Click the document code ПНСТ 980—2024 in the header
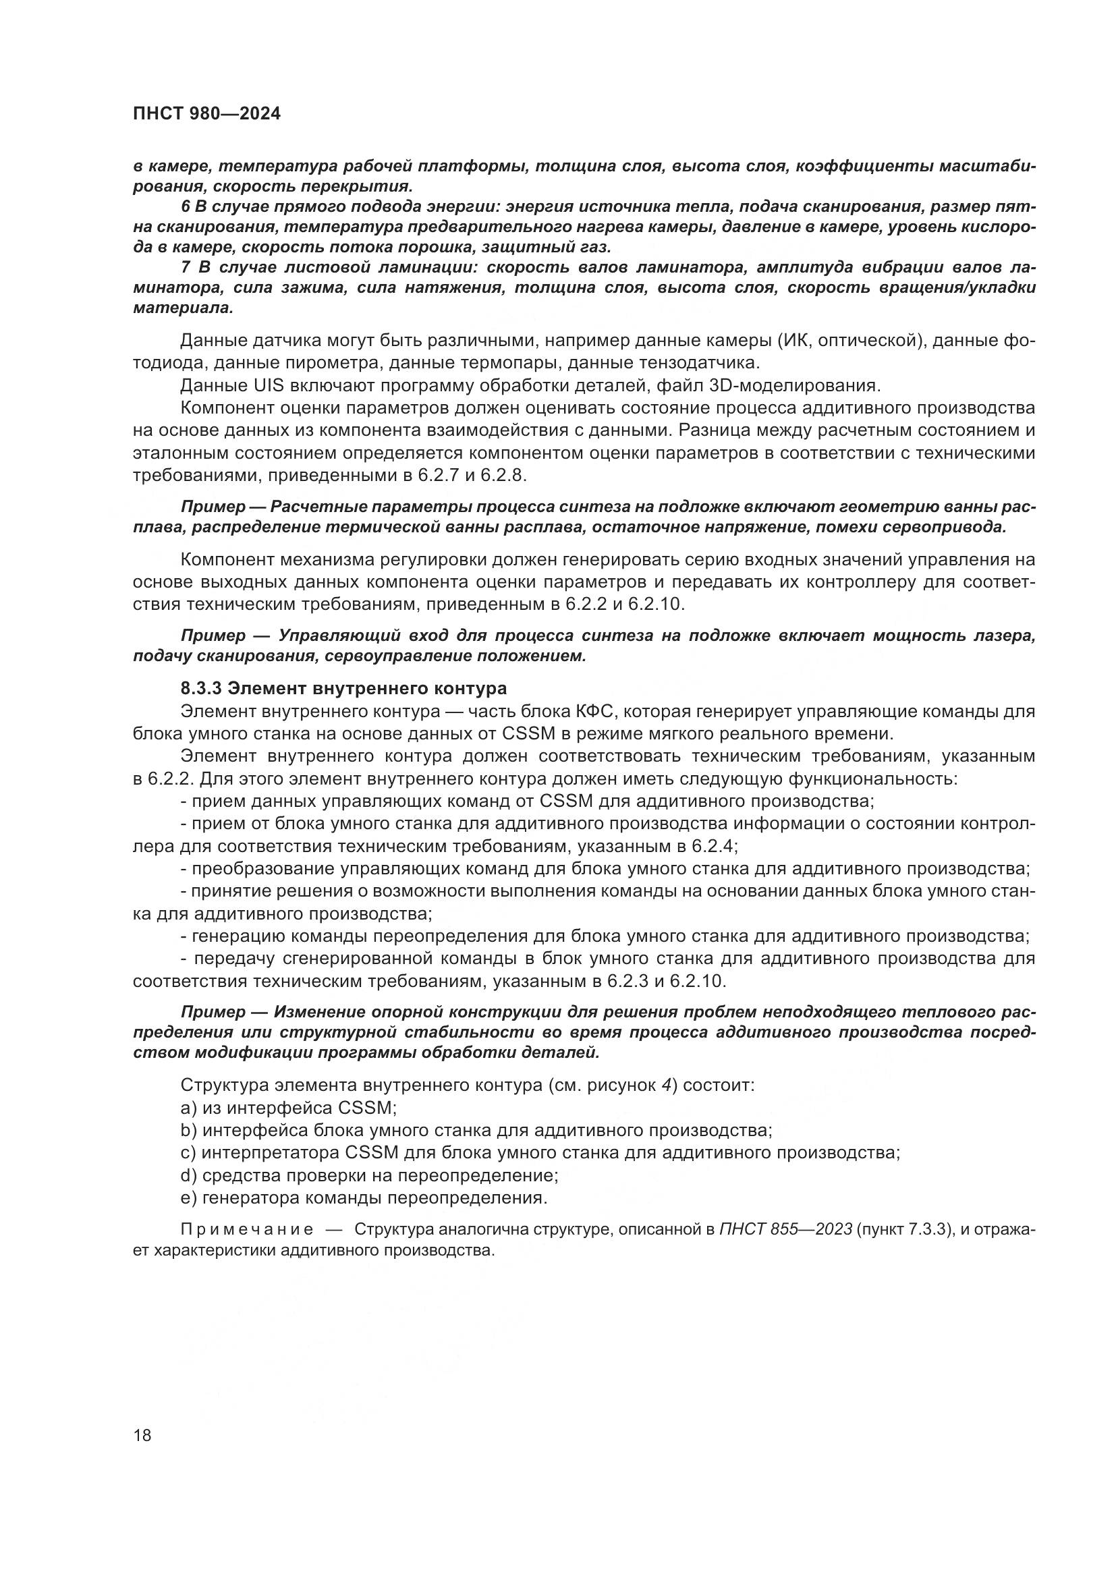pos(206,114)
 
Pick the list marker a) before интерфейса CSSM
pos(188,1108)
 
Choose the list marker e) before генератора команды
pos(188,1198)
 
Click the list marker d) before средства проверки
pos(188,1175)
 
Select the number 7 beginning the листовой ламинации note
pos(185,267)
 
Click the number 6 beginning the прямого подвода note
pos(185,207)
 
